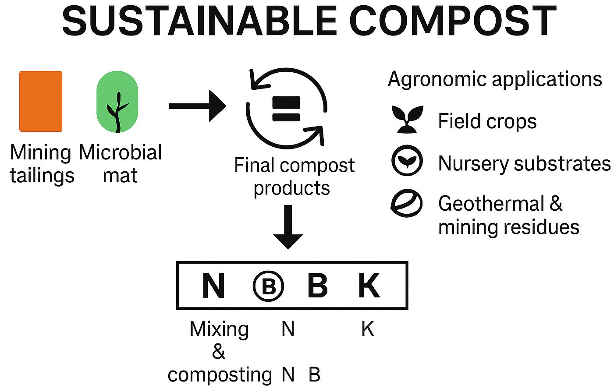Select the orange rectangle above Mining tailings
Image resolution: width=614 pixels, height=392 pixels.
tap(41, 101)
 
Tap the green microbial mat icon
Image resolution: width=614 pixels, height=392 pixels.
tap(117, 102)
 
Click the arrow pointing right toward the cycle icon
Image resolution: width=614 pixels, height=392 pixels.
tap(197, 106)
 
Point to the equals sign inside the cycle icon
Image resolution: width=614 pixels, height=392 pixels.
tap(286, 109)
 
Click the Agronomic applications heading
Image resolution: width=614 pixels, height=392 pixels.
tap(495, 79)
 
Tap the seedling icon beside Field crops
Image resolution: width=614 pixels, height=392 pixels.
tap(408, 119)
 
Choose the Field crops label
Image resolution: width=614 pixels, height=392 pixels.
tap(487, 121)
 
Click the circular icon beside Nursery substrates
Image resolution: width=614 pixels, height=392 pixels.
tap(407, 161)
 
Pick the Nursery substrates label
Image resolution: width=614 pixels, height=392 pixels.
tap(524, 164)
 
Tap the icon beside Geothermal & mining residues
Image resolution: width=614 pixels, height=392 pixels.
tap(406, 204)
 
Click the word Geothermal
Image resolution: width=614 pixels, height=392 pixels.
tap(491, 204)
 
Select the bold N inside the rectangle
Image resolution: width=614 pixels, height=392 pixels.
tap(213, 286)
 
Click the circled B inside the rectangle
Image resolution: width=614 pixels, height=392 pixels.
tap(268, 286)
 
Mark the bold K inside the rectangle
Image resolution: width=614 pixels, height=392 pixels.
tap(369, 286)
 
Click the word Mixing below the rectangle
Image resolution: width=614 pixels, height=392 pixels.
tap(219, 329)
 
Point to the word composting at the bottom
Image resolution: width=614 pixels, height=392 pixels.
tap(220, 375)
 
